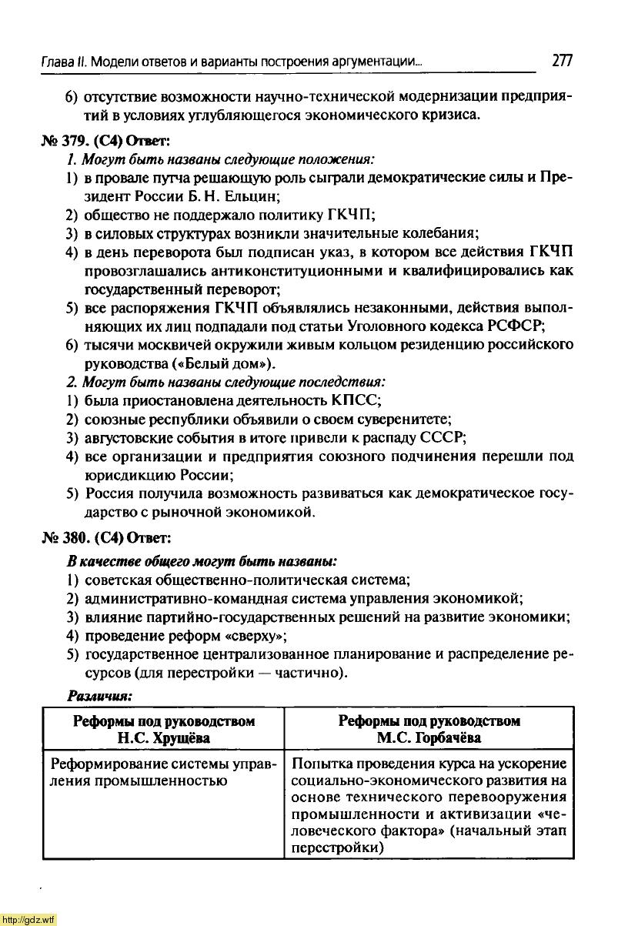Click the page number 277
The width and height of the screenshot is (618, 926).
click(562, 60)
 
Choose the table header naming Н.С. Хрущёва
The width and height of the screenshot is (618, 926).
click(163, 729)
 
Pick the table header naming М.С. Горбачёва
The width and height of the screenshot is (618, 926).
click(429, 729)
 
